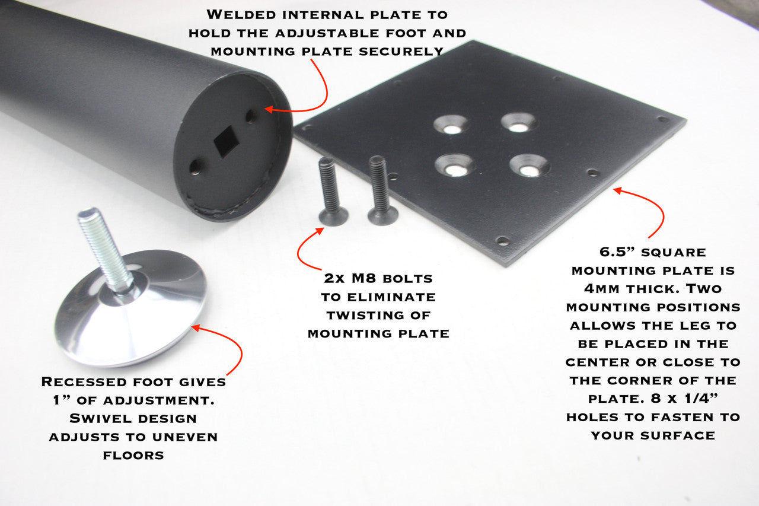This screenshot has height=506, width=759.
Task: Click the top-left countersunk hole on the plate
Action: (x=451, y=125)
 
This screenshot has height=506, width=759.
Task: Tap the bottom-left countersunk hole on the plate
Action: (x=455, y=166)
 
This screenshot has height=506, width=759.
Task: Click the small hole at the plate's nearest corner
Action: (x=503, y=241)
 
